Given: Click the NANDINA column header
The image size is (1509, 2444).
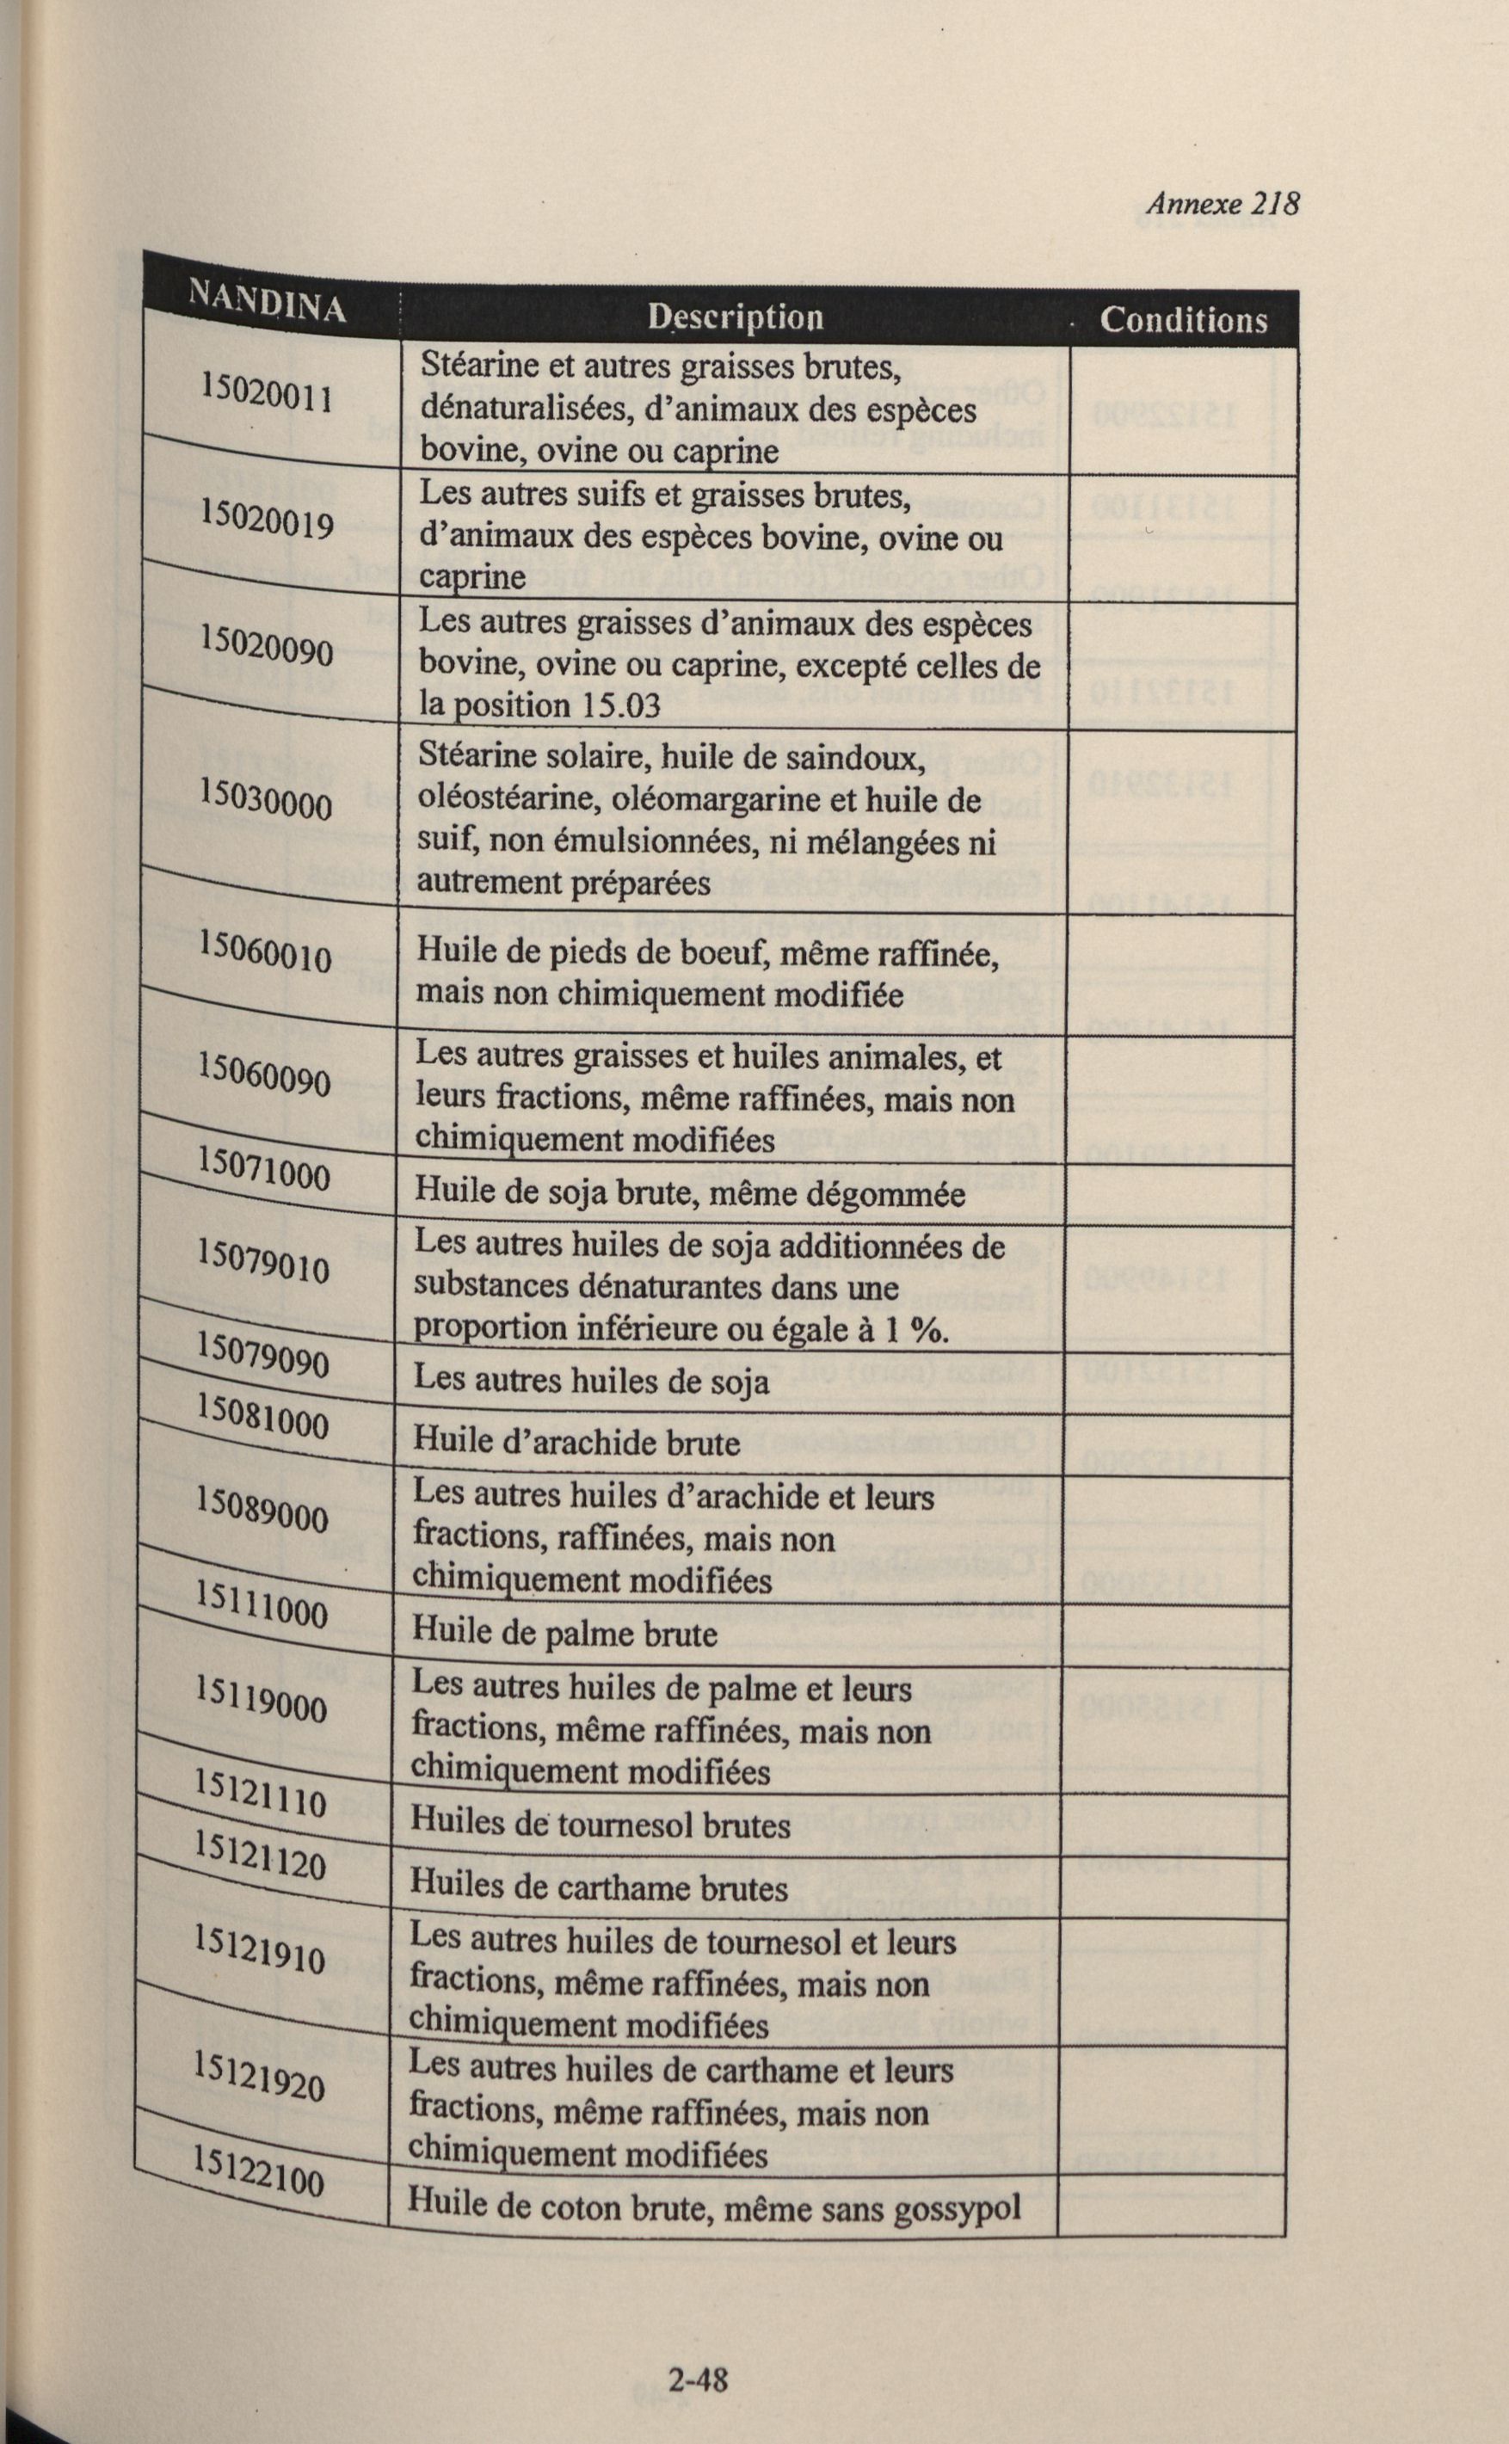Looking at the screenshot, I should pos(267,301).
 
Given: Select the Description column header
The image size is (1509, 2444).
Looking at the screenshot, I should pos(735,317).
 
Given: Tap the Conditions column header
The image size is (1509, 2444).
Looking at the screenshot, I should pos(1183,320).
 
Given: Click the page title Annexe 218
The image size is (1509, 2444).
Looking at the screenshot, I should pos(1222,204).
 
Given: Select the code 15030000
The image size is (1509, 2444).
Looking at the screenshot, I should pos(266,799).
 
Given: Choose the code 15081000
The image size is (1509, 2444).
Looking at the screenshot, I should pos(262,1418).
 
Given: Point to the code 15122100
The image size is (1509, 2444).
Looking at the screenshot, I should pos(258,2168).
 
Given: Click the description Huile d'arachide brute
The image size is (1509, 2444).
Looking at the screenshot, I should pos(576,1443).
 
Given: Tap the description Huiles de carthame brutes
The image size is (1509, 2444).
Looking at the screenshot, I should pos(599,1887).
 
